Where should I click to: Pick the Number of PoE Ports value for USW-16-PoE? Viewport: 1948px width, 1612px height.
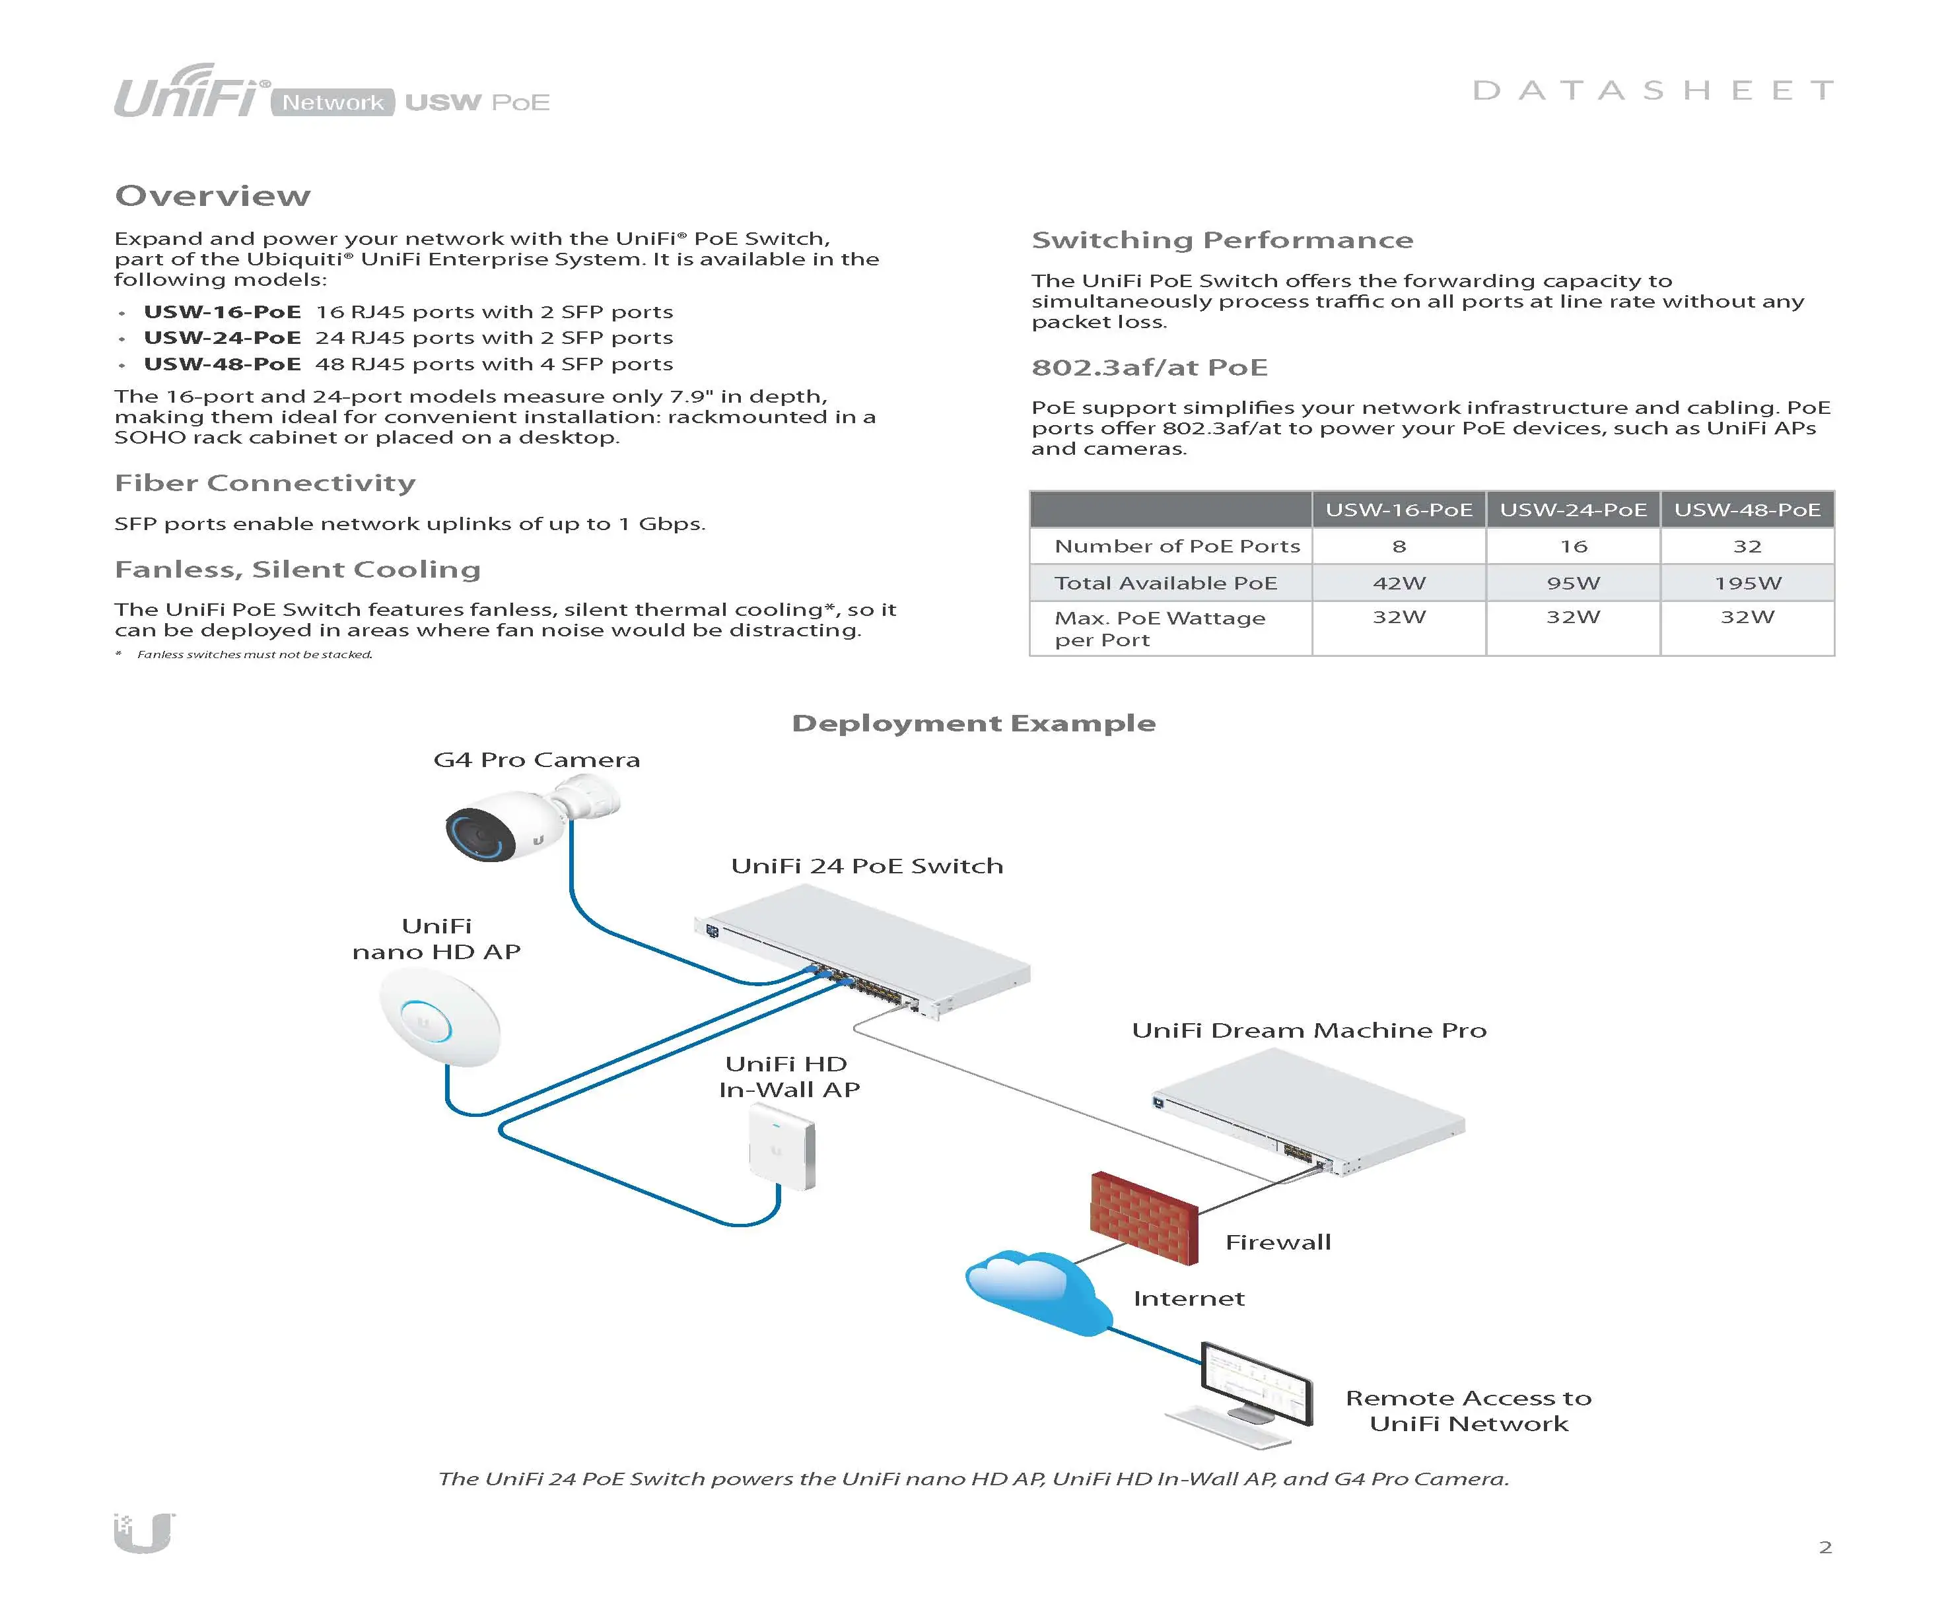(x=1399, y=547)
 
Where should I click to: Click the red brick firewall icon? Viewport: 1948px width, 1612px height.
(x=1144, y=1218)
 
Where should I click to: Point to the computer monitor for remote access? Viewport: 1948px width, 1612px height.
(x=1257, y=1383)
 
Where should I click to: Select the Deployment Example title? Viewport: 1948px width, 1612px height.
(x=973, y=723)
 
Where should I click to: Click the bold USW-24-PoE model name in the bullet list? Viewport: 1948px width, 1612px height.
(x=223, y=337)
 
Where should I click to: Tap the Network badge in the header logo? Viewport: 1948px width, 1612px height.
(x=332, y=102)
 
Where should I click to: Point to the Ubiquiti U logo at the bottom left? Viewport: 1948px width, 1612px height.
(x=145, y=1532)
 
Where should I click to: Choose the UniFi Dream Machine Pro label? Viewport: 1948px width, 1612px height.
(x=1309, y=1030)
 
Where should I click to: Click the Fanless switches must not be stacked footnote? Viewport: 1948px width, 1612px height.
(x=254, y=655)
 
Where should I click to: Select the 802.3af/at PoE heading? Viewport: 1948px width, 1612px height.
(x=1149, y=367)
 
